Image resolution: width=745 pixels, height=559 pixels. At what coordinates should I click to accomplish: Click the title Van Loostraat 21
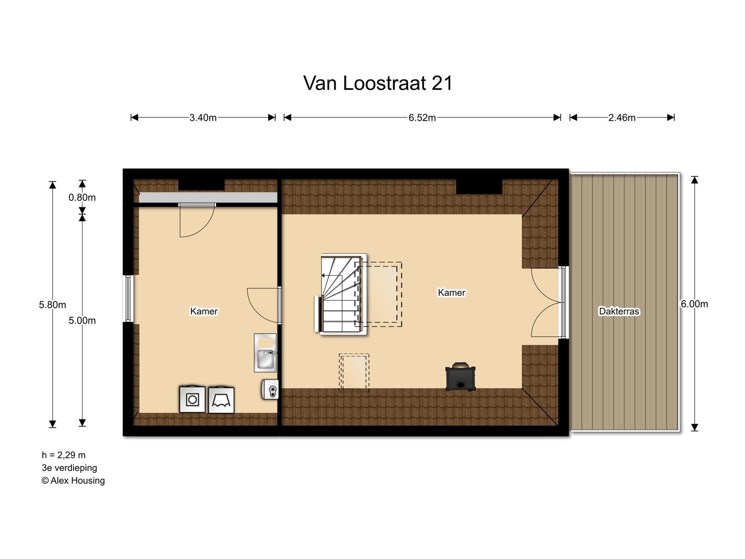click(378, 83)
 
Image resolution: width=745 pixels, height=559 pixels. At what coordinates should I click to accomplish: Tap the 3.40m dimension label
click(203, 118)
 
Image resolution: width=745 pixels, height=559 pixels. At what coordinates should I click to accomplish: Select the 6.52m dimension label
click(422, 118)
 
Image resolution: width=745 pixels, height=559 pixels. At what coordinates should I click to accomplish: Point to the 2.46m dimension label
click(622, 118)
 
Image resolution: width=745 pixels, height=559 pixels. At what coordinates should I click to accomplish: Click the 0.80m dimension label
click(82, 198)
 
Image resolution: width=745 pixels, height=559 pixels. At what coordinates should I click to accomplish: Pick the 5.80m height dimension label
click(52, 305)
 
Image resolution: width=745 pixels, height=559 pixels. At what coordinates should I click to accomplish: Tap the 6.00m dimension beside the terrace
click(694, 304)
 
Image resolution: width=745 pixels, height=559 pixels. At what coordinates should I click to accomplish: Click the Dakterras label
click(619, 311)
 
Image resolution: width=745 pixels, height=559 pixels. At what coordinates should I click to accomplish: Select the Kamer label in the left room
click(203, 311)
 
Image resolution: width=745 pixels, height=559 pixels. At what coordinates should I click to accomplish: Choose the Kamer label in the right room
click(451, 293)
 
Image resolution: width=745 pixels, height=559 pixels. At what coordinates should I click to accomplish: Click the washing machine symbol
click(192, 399)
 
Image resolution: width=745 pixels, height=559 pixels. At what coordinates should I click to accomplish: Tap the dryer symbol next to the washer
click(221, 400)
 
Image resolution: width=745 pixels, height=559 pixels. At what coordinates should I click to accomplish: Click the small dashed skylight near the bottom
click(354, 372)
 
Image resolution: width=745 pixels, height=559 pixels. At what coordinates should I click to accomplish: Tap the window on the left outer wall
click(128, 299)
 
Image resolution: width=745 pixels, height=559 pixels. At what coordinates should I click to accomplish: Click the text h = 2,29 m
click(63, 455)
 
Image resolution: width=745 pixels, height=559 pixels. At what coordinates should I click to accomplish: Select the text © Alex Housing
click(73, 481)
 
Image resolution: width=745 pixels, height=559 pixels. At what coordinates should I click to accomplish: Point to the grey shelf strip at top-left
click(208, 198)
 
